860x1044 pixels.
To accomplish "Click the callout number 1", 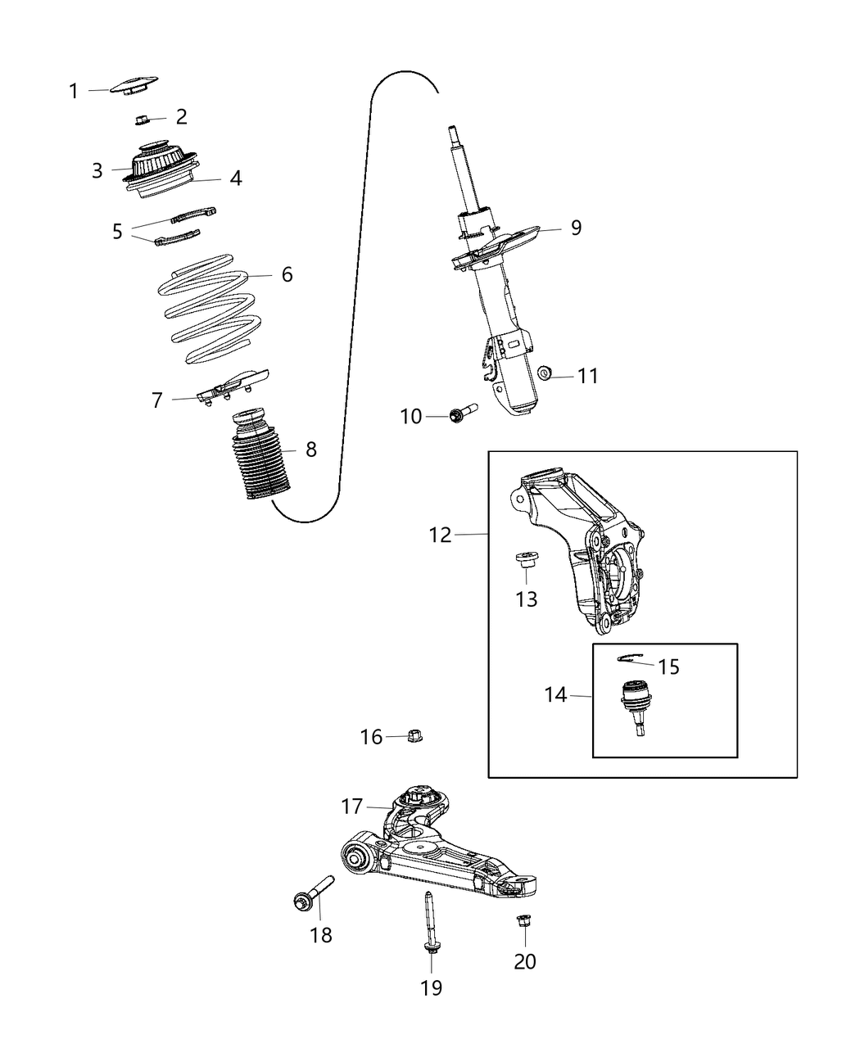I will (74, 91).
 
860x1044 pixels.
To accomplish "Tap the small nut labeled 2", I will (141, 120).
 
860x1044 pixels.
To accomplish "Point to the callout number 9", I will (576, 228).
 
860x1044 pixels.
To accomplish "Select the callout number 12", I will (440, 535).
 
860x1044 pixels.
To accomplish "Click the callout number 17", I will (352, 807).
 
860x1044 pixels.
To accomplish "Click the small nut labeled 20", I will (522, 922).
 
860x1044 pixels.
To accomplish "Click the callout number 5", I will (118, 232).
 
